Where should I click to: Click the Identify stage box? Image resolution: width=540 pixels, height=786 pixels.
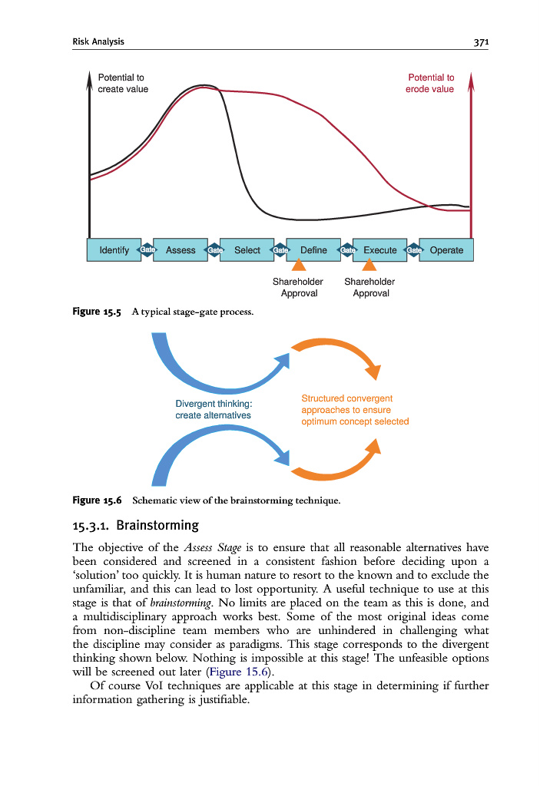click(x=114, y=250)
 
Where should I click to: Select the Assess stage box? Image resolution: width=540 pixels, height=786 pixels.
click(x=181, y=250)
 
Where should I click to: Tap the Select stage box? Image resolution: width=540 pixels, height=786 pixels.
click(x=247, y=250)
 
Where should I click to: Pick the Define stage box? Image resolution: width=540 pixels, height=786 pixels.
click(x=313, y=250)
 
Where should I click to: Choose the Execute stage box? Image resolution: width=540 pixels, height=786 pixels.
click(x=379, y=250)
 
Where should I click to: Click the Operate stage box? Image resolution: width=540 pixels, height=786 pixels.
click(x=446, y=250)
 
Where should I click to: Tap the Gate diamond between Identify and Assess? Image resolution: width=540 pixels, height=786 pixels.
click(x=147, y=250)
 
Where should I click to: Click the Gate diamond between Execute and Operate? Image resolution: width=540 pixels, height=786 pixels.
click(x=413, y=250)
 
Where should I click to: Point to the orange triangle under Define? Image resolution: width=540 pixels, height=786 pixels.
click(x=300, y=265)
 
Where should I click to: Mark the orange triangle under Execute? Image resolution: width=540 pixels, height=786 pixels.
click(x=369, y=265)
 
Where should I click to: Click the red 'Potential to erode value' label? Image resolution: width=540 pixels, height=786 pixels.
click(x=430, y=83)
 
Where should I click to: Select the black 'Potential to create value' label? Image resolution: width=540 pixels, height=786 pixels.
click(x=123, y=83)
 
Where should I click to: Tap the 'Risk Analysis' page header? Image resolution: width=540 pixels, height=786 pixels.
click(x=98, y=41)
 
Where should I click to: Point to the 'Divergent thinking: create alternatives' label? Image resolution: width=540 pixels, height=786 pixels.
click(x=214, y=409)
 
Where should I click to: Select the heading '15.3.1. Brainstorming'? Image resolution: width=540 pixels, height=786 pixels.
click(x=135, y=526)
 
